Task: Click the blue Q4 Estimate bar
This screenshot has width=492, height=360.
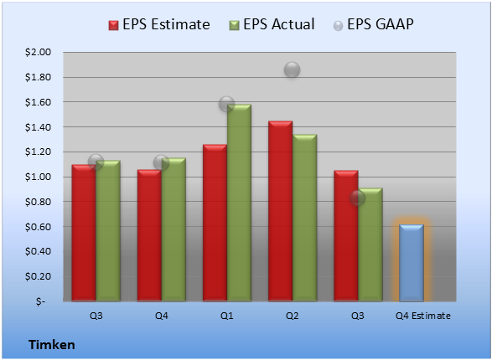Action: click(x=412, y=263)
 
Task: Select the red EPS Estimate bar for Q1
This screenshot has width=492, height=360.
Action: click(x=215, y=223)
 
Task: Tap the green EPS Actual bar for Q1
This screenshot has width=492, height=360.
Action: click(x=239, y=203)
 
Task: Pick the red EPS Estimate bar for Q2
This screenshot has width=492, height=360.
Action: click(x=280, y=211)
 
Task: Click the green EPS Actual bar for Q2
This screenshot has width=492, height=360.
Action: click(x=304, y=218)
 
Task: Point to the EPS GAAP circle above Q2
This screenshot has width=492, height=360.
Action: click(x=293, y=69)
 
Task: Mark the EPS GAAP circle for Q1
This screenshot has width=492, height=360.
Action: click(x=226, y=104)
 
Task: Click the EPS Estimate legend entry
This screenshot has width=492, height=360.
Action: click(x=159, y=24)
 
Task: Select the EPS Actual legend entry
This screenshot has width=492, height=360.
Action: click(x=272, y=24)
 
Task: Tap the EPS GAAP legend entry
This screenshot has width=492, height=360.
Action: click(x=373, y=24)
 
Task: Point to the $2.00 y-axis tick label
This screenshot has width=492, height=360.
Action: click(x=38, y=52)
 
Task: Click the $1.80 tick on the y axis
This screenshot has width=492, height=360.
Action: click(x=38, y=77)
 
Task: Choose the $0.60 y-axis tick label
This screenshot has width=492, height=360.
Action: click(x=38, y=227)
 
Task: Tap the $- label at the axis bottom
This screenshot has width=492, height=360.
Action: click(x=40, y=301)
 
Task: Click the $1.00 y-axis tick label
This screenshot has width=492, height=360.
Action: click(x=38, y=177)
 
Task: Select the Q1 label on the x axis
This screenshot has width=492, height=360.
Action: click(x=226, y=316)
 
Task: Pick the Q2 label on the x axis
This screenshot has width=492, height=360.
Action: click(x=293, y=316)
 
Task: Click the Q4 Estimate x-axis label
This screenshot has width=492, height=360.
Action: click(x=423, y=316)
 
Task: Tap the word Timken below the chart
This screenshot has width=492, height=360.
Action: click(x=52, y=345)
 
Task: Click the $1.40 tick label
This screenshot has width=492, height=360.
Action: click(x=38, y=127)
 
